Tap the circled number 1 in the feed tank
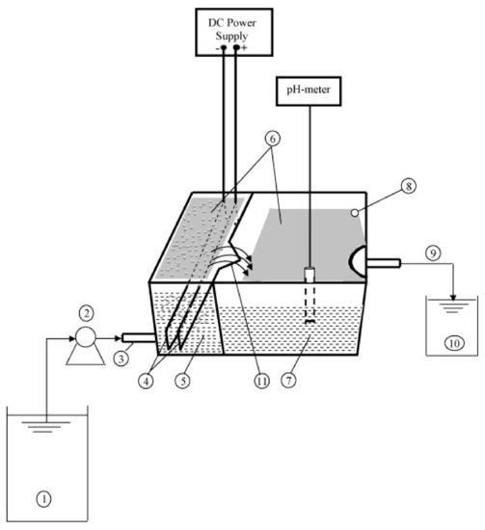tap(41, 497)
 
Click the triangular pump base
tap(84, 351)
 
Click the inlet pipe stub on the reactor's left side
tap(131, 336)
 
